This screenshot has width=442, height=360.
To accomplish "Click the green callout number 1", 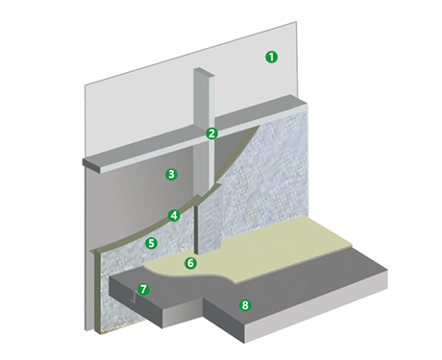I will (271, 57).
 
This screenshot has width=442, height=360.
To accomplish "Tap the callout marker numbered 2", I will (211, 133).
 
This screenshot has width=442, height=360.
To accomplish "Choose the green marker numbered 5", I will (151, 244).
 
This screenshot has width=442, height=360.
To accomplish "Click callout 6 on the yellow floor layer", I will (190, 262).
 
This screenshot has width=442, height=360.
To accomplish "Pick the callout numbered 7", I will (143, 288).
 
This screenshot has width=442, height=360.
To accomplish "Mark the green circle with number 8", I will (245, 306).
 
